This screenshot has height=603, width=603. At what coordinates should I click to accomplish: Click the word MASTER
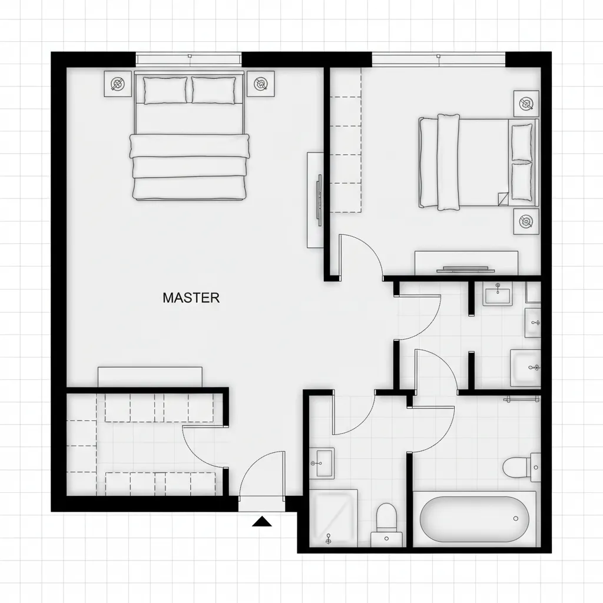pos(191,298)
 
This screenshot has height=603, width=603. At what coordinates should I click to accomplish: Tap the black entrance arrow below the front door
pos(261,521)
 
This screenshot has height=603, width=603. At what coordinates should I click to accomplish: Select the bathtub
pos(474,519)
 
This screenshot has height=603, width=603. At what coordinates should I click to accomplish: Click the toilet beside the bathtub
pos(519,468)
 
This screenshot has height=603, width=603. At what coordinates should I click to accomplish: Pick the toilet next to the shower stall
pos(386,521)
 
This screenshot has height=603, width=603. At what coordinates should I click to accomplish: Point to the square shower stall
pos(333,518)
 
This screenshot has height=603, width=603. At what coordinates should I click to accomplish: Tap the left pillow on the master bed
pos(165,90)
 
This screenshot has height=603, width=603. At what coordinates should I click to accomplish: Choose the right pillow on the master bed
pos(213,90)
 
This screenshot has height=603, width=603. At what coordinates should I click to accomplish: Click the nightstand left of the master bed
pos(118,84)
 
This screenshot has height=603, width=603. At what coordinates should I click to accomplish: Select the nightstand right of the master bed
pos(260,84)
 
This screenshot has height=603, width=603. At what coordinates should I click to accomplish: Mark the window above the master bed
pos(188,59)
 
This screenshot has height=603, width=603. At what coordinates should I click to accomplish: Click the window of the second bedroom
pos(439,59)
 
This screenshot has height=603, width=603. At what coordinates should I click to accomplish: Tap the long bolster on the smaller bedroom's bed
pos(448,162)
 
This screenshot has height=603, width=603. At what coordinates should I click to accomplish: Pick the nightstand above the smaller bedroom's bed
pos(526,104)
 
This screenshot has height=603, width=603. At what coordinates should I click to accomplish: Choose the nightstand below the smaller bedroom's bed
pos(526,221)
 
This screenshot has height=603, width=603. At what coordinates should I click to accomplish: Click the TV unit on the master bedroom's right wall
pos(315,200)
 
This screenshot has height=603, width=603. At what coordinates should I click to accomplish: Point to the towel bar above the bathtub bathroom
pos(521,399)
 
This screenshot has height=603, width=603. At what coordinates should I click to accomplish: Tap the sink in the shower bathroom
pos(322,463)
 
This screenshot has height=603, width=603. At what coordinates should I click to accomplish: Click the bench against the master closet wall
pos(150,377)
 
